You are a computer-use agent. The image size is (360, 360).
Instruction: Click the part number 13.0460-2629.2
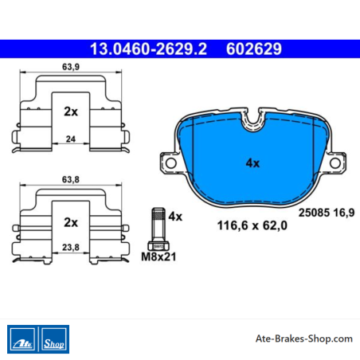pyautogui.click(x=148, y=49)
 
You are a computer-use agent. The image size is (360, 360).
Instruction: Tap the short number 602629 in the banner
pyautogui.click(x=254, y=49)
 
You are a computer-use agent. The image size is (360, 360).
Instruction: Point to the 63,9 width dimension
pyautogui.click(x=71, y=67)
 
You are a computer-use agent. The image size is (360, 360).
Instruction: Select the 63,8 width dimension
pyautogui.click(x=71, y=180)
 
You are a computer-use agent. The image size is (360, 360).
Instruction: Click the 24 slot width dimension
pyautogui.click(x=71, y=139)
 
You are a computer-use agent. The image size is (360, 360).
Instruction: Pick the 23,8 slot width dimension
pyautogui.click(x=71, y=248)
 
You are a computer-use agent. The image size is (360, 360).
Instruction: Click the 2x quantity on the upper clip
pyautogui.click(x=71, y=112)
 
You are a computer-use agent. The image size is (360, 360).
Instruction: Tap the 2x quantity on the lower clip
pyautogui.click(x=71, y=222)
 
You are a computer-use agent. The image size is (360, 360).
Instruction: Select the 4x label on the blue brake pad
pyautogui.click(x=252, y=163)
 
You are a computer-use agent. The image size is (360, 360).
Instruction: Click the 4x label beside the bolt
pyautogui.click(x=175, y=217)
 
